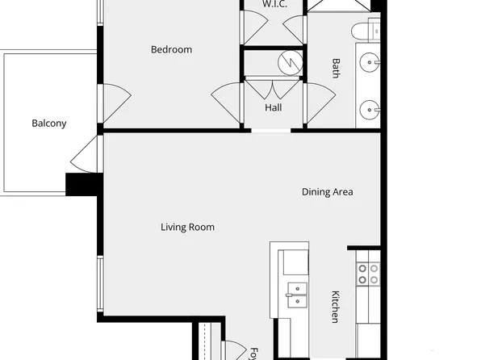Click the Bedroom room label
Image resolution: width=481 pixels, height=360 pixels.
(171, 49)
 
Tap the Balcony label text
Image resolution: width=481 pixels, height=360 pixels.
(48, 123)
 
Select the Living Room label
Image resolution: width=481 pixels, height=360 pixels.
(187, 227)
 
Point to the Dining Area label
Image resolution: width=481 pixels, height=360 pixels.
(328, 192)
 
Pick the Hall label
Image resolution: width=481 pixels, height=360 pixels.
(273, 107)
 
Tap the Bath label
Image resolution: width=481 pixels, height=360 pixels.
(336, 67)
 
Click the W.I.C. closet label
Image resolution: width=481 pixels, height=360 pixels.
(274, 4)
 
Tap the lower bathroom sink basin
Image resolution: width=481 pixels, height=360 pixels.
(370, 107)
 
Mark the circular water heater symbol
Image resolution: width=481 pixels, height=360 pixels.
(287, 61)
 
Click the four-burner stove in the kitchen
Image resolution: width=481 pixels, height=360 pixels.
(368, 274)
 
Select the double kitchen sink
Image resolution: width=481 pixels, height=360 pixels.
(295, 294)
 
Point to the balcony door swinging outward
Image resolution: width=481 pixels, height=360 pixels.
(85, 153)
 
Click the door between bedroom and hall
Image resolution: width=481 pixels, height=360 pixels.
(228, 103)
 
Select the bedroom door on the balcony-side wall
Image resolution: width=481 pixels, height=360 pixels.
(115, 103)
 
